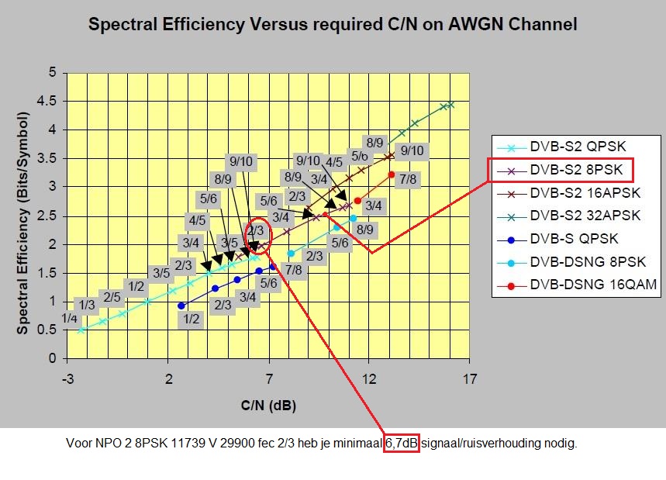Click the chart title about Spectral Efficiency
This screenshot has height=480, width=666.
[x=333, y=24]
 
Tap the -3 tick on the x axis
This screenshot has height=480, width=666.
[x=68, y=379]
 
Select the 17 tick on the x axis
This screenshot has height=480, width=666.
[x=468, y=379]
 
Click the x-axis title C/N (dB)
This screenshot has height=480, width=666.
[x=267, y=406]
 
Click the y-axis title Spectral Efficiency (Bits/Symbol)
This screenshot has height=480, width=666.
[x=24, y=223]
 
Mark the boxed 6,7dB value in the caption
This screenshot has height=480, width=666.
[x=402, y=444]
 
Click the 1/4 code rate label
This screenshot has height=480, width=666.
[x=70, y=318]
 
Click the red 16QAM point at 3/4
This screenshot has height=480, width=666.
[x=357, y=201]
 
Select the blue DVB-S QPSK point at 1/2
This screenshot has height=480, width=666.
[x=181, y=306]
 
